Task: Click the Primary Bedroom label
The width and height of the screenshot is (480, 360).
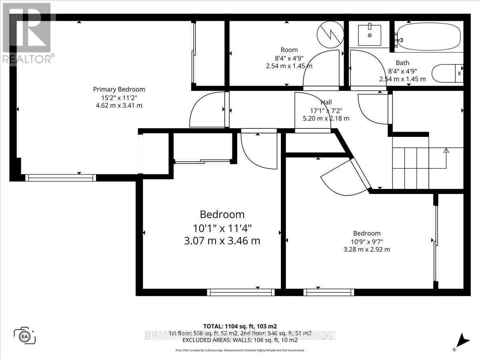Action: click(119, 89)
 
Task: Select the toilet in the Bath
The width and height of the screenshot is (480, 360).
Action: click(447, 73)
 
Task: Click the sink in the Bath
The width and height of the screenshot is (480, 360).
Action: click(369, 35)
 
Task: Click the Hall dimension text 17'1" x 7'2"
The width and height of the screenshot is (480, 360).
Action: click(326, 110)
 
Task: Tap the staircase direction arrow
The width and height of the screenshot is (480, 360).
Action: click(446, 151)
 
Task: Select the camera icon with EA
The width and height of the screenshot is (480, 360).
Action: click(25, 335)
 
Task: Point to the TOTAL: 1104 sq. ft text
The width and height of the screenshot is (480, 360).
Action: click(240, 326)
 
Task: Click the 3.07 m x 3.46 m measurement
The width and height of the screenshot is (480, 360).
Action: click(222, 241)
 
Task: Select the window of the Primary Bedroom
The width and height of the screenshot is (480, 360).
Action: click(61, 178)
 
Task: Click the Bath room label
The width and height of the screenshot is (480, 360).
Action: click(402, 63)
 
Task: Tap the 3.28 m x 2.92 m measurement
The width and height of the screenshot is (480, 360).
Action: click(366, 249)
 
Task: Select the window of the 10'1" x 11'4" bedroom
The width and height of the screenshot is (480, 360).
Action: click(241, 292)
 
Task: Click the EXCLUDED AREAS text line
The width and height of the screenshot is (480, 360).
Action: click(240, 340)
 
